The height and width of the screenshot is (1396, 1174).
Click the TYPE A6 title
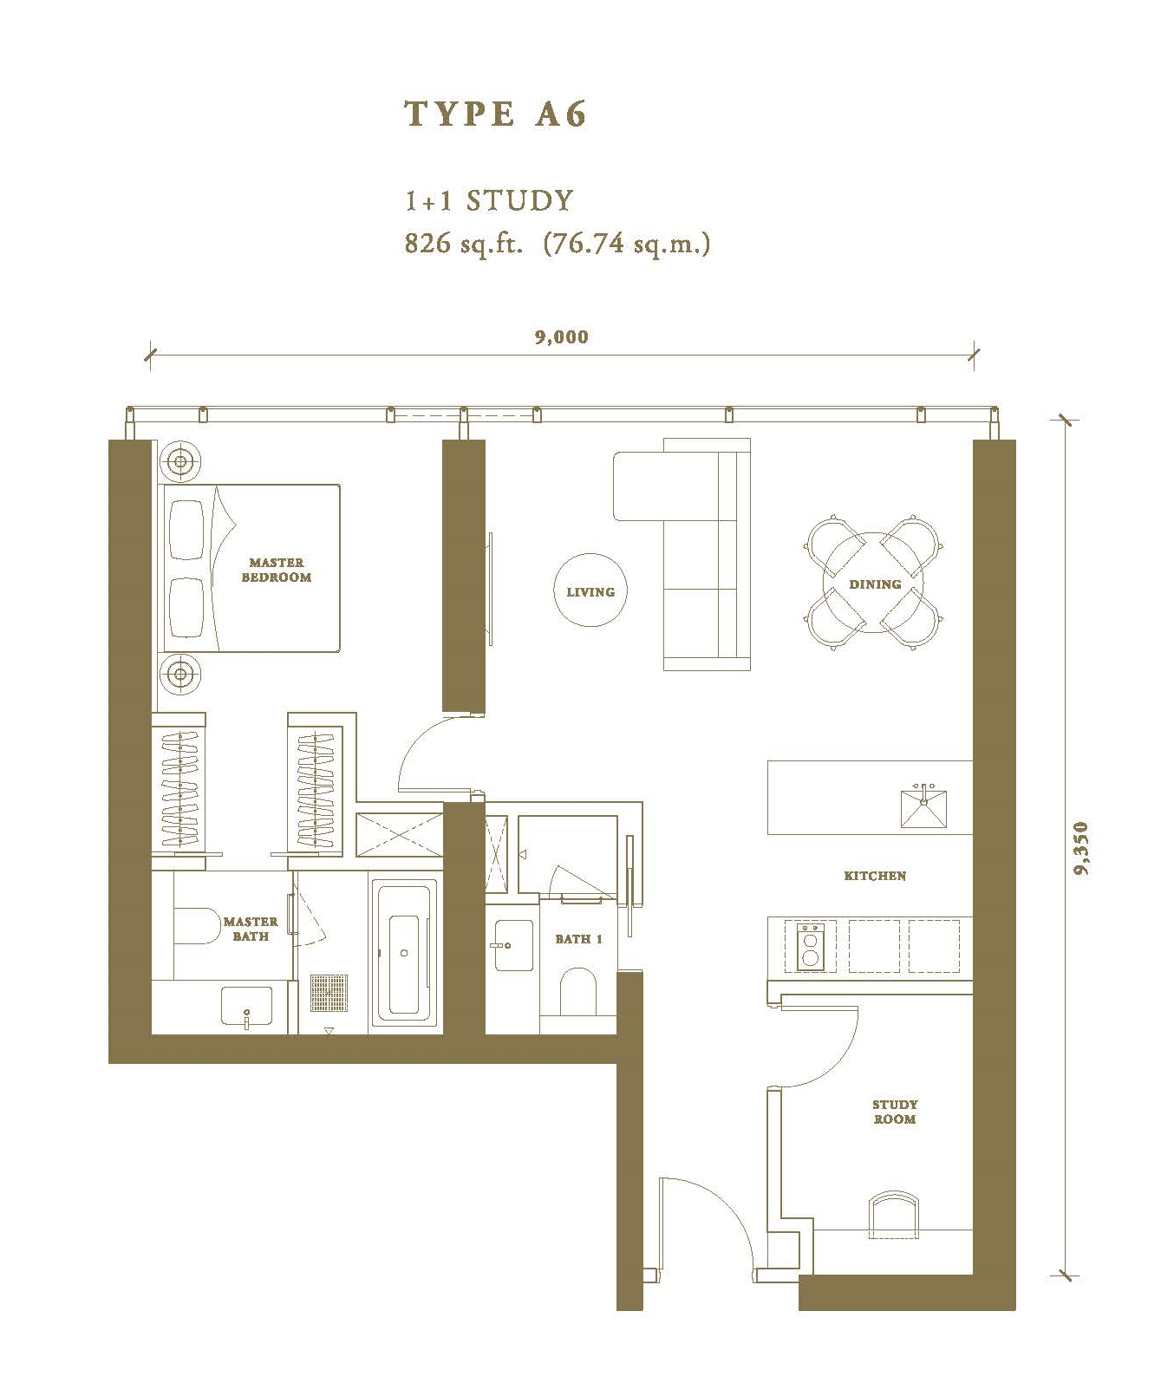pyautogui.click(x=496, y=114)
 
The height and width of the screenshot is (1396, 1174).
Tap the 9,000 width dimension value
pyautogui.click(x=562, y=337)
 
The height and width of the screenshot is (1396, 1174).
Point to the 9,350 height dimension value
pyautogui.click(x=1080, y=848)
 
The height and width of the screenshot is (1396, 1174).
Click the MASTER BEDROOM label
pyautogui.click(x=276, y=570)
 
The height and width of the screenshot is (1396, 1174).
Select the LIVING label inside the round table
pyautogui.click(x=590, y=592)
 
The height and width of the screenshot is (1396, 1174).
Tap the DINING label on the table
pyautogui.click(x=875, y=584)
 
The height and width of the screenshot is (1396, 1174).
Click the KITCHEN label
pyautogui.click(x=875, y=876)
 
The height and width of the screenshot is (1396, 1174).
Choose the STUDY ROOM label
pyautogui.click(x=895, y=1112)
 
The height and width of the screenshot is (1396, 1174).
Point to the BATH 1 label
pyautogui.click(x=578, y=939)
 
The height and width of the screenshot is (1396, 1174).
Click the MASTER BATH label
pyautogui.click(x=251, y=929)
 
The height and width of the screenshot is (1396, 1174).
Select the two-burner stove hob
pyautogui.click(x=811, y=945)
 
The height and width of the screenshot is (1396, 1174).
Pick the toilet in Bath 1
pyautogui.click(x=577, y=991)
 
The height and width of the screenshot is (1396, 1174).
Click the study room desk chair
pyautogui.click(x=893, y=1214)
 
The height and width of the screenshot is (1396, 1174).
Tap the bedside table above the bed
pyautogui.click(x=180, y=461)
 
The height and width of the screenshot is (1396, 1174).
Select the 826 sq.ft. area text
pyautogui.click(x=464, y=245)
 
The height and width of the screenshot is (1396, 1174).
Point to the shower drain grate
pyautogui.click(x=329, y=994)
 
